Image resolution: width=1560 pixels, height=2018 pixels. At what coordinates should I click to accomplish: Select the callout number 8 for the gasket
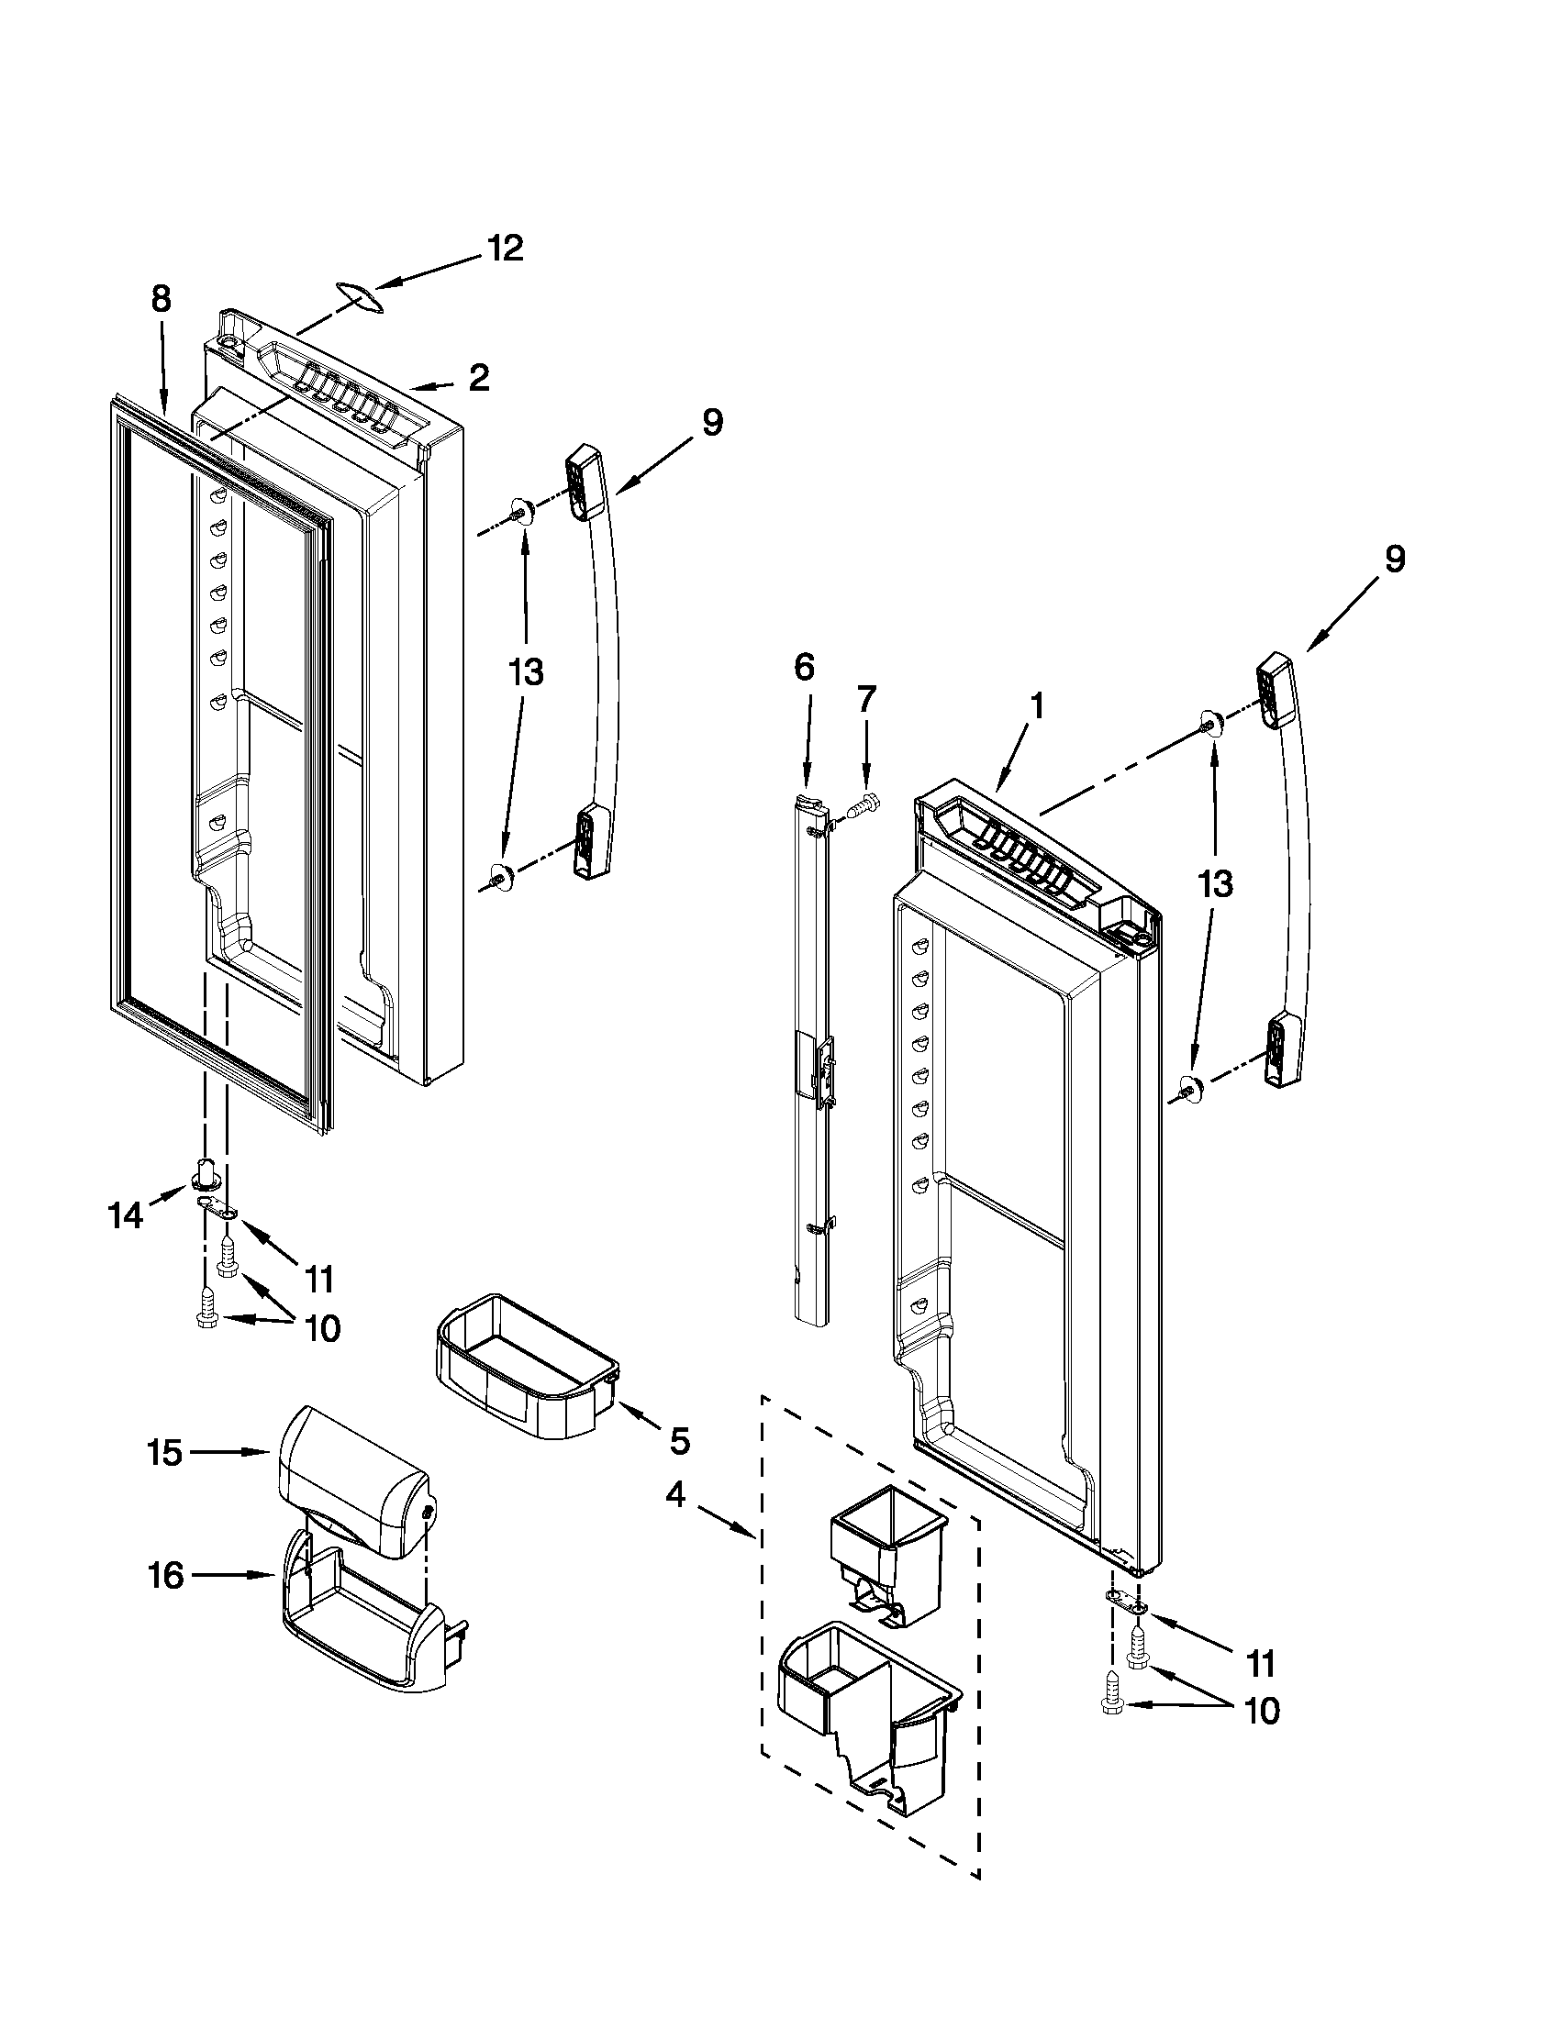(161, 299)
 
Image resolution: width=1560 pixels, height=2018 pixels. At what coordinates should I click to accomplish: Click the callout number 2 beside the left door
(478, 378)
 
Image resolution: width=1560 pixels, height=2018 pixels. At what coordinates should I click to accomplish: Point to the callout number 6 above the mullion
(804, 667)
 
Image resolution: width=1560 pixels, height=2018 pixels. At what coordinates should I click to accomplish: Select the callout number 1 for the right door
(1036, 707)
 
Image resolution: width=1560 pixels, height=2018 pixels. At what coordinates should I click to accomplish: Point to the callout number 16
(166, 1575)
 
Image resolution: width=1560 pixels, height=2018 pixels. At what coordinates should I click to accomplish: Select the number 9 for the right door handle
(1393, 559)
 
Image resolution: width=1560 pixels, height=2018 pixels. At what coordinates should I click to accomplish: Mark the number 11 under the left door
(318, 1280)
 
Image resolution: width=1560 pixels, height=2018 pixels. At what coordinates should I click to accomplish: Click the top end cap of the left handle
(580, 478)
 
